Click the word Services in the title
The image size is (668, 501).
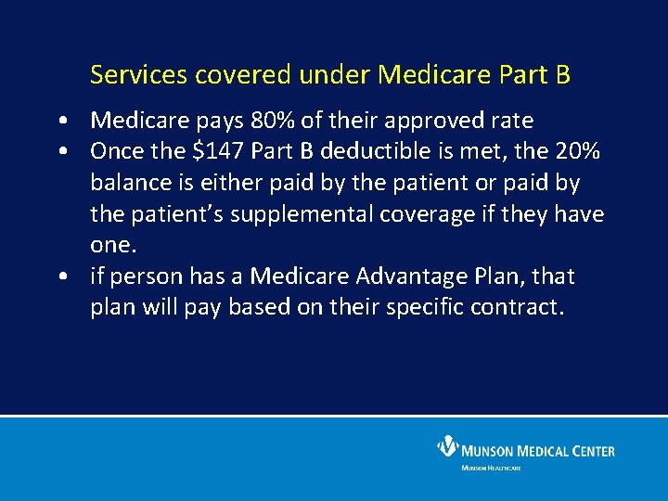[x=127, y=75]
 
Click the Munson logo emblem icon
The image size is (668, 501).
[x=447, y=448]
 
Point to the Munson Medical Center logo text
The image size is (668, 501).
[x=538, y=451]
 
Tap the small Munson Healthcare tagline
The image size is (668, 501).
[x=491, y=468]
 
